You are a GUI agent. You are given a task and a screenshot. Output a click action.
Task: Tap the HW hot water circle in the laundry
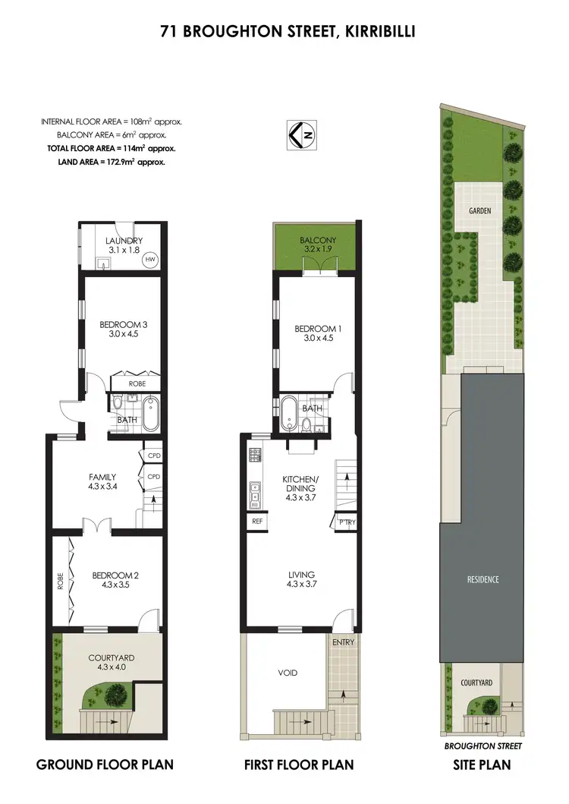(150, 260)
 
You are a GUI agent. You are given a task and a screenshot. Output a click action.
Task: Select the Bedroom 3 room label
(123, 324)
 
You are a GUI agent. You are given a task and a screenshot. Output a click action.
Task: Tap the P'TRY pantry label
(346, 522)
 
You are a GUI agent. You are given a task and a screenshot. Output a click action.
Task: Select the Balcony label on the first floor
(317, 240)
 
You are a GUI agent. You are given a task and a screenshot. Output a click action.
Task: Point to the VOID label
(288, 673)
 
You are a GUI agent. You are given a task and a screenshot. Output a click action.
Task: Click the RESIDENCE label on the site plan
(483, 579)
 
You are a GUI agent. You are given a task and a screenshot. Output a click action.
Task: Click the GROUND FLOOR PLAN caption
(105, 765)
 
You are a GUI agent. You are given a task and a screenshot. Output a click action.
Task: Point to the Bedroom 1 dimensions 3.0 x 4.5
(318, 339)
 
